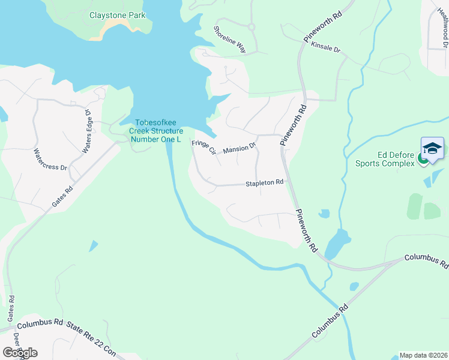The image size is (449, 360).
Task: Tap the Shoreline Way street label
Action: point(231,39)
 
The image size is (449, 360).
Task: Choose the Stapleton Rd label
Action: point(264,182)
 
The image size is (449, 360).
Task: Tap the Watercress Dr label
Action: point(50,160)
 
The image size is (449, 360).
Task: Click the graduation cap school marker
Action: point(432,148)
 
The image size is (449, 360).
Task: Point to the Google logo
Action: point(19,353)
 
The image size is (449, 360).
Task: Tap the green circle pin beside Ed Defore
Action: point(423,159)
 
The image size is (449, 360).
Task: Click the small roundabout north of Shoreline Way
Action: point(251,27)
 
